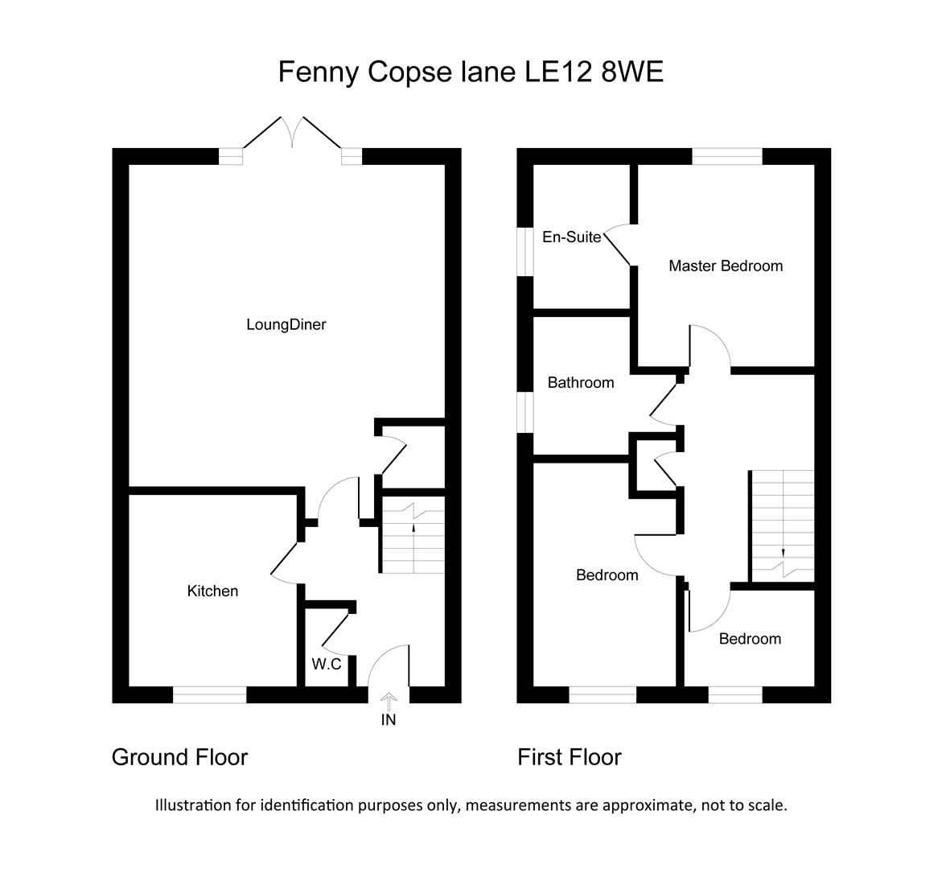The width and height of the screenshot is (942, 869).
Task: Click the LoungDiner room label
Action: click(286, 325)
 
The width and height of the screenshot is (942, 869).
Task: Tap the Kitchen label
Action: click(212, 591)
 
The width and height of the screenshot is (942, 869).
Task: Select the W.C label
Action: click(327, 664)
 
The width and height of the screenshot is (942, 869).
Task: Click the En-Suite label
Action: click(571, 237)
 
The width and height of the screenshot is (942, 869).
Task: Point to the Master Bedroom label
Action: click(726, 266)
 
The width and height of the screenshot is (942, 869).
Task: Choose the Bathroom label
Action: click(581, 383)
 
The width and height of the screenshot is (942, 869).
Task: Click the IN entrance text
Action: click(389, 719)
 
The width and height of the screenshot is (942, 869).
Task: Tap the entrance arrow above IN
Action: click(389, 701)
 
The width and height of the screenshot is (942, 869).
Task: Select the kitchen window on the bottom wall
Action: click(210, 695)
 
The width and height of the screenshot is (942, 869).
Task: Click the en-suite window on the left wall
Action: click(525, 252)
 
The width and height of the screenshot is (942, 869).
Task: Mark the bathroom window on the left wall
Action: click(525, 412)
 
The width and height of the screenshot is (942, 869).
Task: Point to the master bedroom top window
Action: click(727, 156)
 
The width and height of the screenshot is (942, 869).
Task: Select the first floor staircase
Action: click(783, 526)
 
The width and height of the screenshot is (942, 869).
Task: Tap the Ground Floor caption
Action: click(179, 757)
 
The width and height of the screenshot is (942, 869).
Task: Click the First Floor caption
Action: click(570, 757)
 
